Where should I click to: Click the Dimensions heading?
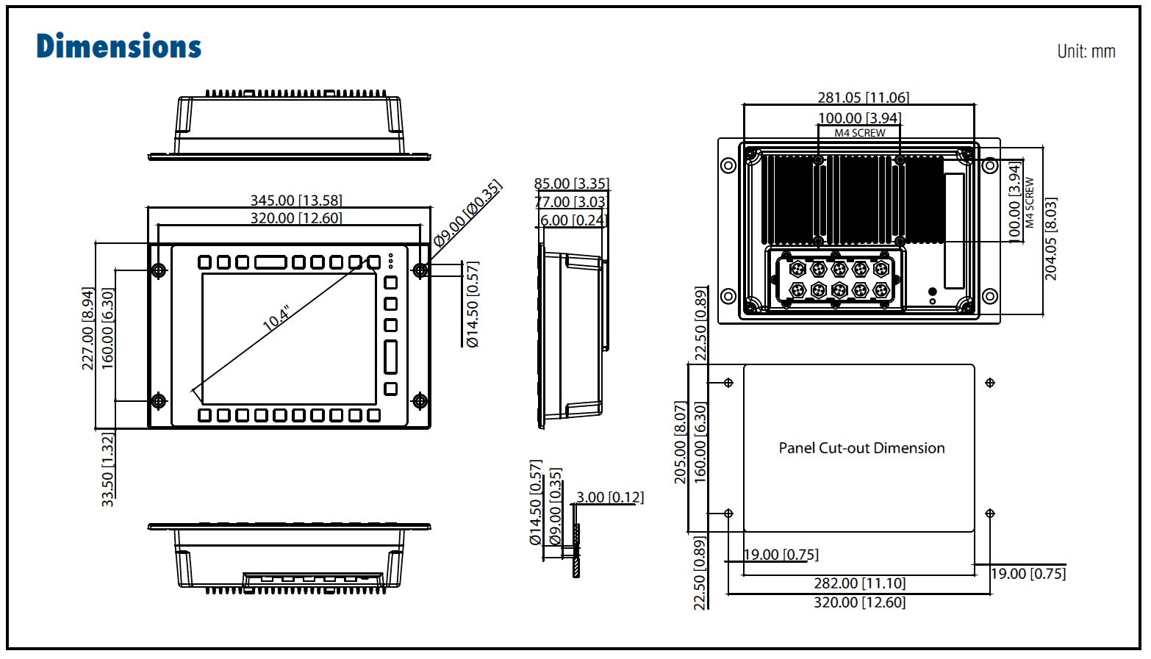118,46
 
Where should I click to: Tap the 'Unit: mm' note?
1086,51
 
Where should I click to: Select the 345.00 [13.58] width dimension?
295,200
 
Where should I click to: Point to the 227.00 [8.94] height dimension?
88,328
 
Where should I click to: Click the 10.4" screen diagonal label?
276,318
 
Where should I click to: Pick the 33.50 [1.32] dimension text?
107,469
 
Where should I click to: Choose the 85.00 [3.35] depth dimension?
571,184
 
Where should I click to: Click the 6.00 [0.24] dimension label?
573,220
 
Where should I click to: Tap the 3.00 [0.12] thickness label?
609,497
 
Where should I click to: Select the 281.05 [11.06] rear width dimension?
863,97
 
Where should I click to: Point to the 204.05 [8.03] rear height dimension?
1050,239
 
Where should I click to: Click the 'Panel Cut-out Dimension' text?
861,448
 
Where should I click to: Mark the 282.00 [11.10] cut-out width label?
859,583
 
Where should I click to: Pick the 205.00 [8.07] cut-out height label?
680,442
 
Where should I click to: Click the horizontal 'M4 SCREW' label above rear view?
859,133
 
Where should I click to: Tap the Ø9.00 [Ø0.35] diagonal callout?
467,213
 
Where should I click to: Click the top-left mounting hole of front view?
158,270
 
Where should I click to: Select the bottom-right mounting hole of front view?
420,401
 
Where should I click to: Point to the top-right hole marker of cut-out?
990,383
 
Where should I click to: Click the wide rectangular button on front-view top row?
270,262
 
